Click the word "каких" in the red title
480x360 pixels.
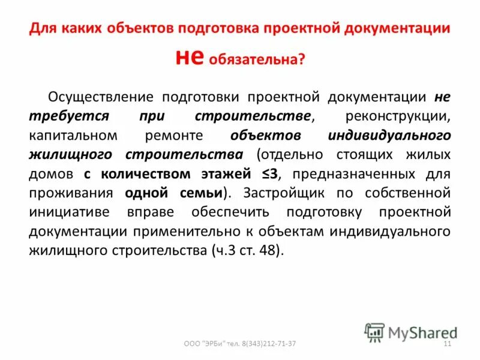point(79,28)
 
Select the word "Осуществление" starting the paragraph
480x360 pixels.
point(98,97)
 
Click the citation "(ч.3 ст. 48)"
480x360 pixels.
point(245,251)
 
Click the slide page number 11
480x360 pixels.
point(446,344)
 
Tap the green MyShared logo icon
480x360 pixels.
point(374,332)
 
